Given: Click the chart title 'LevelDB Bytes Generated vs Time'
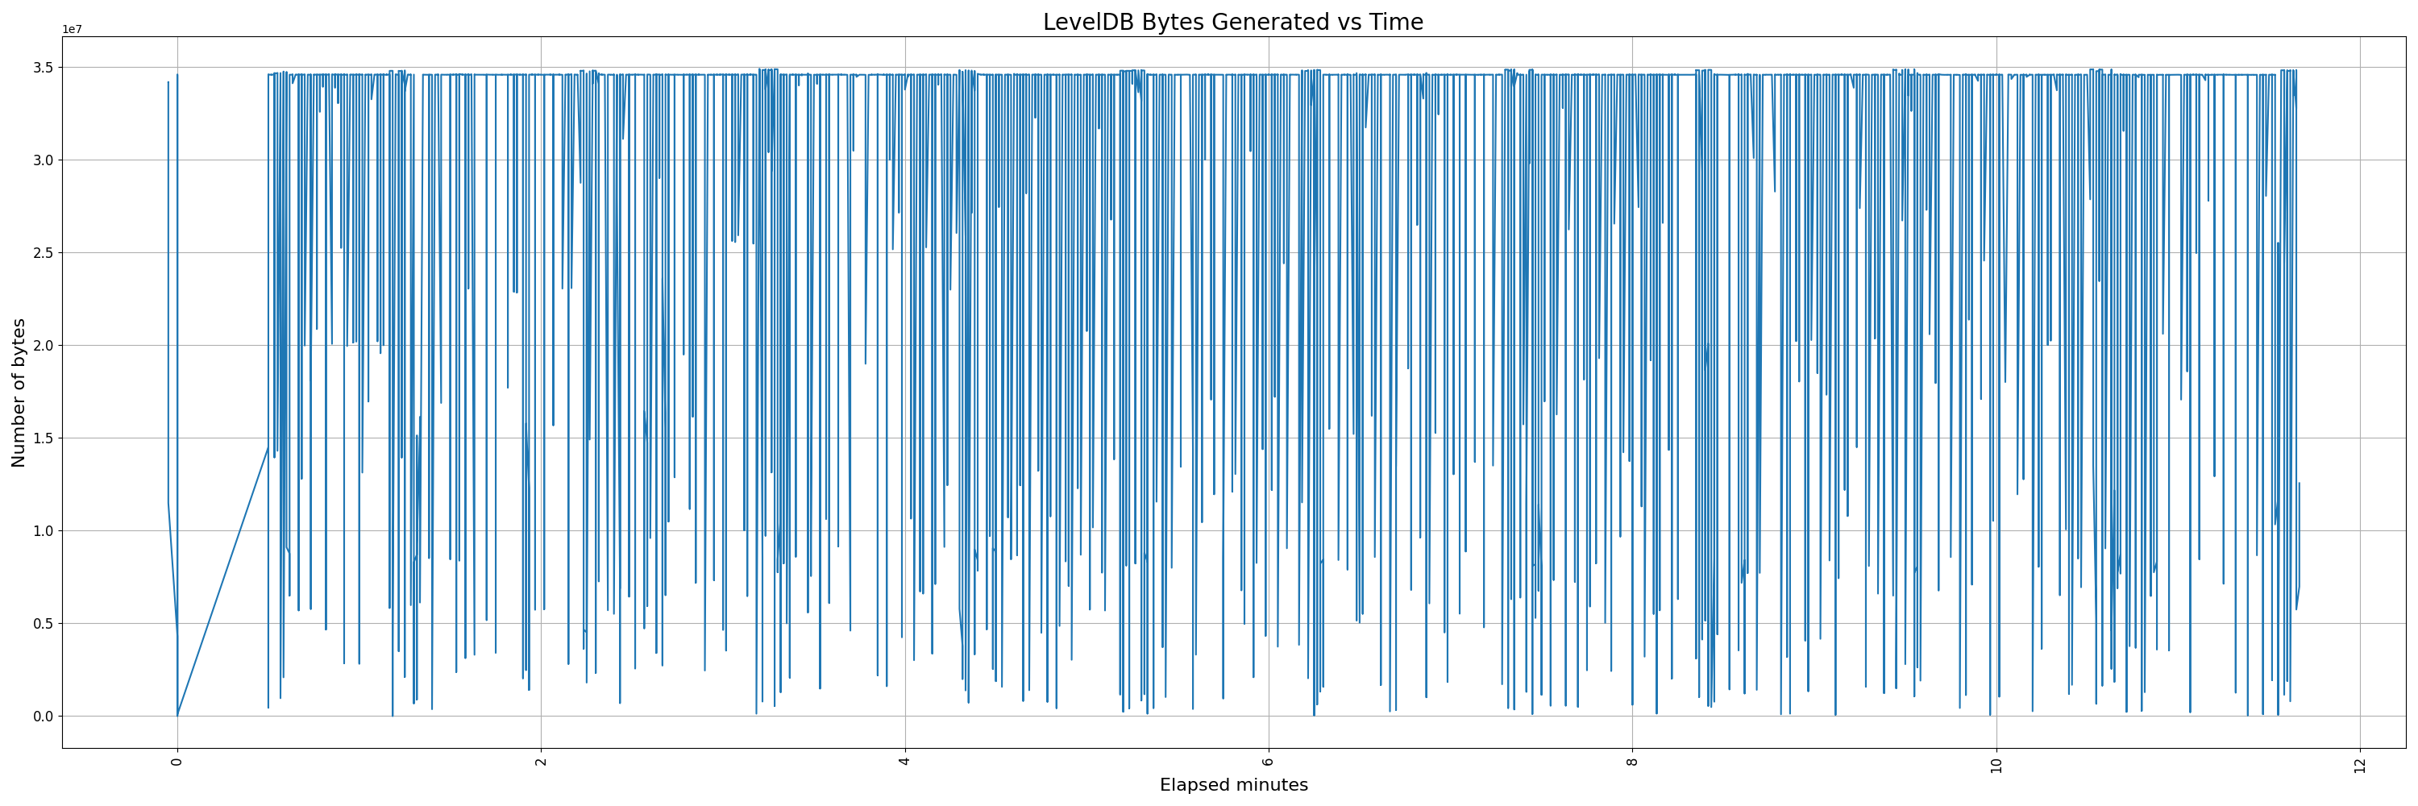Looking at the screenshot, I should point(1232,23).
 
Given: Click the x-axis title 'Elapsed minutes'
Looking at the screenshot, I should point(1233,785).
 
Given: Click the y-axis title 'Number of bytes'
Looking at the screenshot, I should point(19,393).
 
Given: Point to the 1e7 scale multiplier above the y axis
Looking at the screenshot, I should point(73,29).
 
